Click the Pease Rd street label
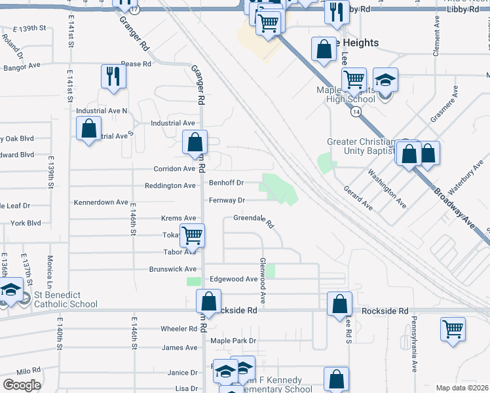(136, 64)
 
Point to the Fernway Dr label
(227, 200)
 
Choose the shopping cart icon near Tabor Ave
(192, 234)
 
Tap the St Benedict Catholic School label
(65, 299)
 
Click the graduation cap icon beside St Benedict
(10, 290)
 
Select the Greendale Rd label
(253, 219)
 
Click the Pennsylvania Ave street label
(415, 343)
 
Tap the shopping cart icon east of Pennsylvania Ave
(453, 329)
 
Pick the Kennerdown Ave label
(101, 202)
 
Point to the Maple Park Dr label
(233, 341)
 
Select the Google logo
(22, 384)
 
